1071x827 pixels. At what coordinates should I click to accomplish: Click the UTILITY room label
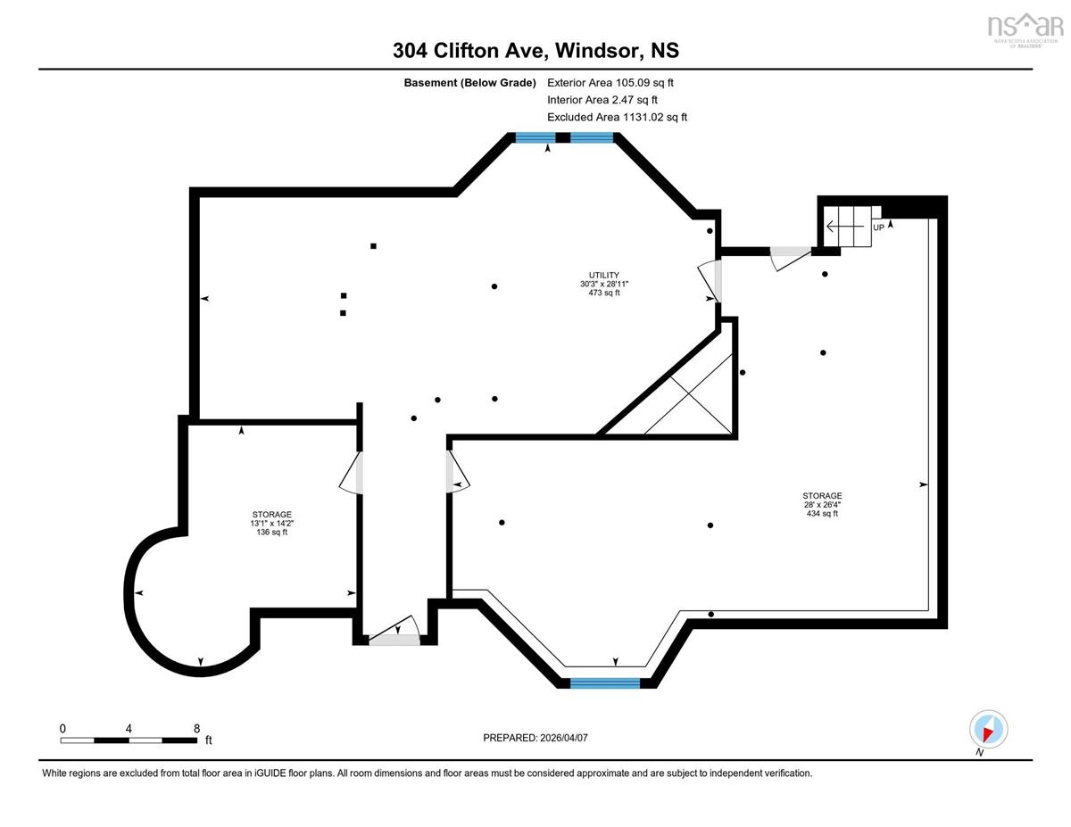pyautogui.click(x=603, y=275)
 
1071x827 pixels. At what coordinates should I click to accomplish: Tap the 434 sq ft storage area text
pyautogui.click(x=822, y=513)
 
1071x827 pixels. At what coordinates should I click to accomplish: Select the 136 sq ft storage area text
pyautogui.click(x=271, y=532)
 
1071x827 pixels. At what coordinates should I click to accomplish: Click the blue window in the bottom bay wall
pyautogui.click(x=605, y=683)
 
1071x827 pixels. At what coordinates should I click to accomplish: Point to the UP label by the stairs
pyautogui.click(x=878, y=227)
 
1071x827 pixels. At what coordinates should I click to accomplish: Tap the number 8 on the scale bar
pyautogui.click(x=196, y=729)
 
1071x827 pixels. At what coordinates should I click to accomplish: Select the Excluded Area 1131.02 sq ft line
pyautogui.click(x=617, y=117)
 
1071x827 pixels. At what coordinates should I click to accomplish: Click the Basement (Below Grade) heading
pyautogui.click(x=469, y=83)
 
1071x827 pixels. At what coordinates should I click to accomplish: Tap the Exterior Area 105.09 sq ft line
pyautogui.click(x=610, y=83)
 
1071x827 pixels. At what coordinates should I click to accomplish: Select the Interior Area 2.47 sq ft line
pyautogui.click(x=602, y=100)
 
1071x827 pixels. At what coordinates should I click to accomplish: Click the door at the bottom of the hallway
pyautogui.click(x=394, y=632)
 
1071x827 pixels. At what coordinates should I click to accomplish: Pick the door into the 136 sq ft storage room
pyautogui.click(x=352, y=472)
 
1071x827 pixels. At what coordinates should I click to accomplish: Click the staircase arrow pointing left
pyautogui.click(x=845, y=227)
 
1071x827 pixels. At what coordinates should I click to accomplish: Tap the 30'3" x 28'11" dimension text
pyautogui.click(x=603, y=284)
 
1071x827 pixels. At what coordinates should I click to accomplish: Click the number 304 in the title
pyautogui.click(x=410, y=51)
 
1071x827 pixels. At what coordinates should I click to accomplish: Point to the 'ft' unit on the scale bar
pyautogui.click(x=209, y=740)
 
